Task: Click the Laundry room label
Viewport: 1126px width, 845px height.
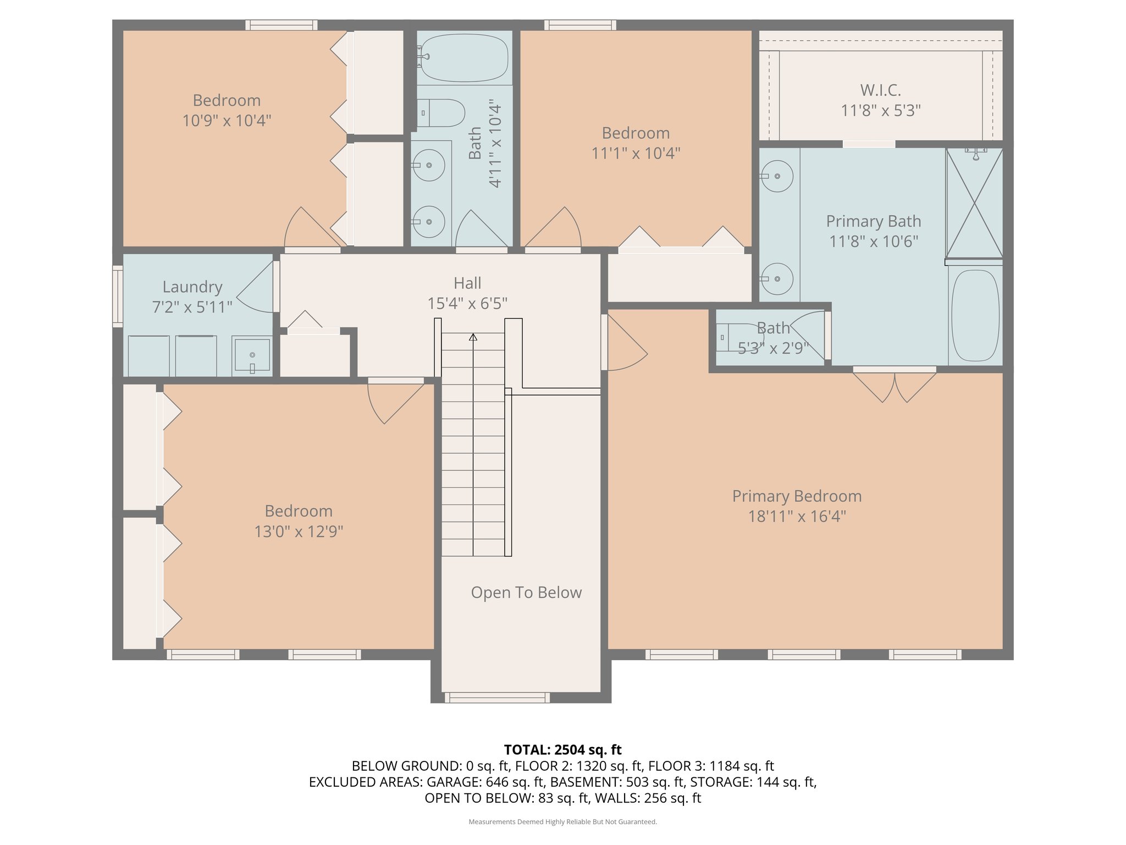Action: tap(192, 287)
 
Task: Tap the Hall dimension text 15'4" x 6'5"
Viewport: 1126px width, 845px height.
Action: tap(467, 303)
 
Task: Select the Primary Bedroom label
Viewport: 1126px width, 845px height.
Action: tap(797, 496)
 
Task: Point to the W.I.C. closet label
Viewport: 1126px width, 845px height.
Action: tap(881, 90)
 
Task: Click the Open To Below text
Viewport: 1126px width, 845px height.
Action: tap(526, 592)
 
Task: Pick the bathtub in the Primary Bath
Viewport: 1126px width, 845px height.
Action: tap(975, 315)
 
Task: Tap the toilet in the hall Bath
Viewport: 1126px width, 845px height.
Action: tap(440, 113)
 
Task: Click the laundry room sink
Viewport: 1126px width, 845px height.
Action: tap(252, 355)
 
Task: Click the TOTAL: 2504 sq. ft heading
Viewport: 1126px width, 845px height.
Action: tap(562, 750)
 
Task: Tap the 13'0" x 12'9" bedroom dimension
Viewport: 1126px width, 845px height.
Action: tap(299, 531)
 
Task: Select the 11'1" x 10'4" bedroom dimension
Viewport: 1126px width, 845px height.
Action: tap(636, 153)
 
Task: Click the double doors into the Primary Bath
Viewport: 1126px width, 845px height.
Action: tap(895, 385)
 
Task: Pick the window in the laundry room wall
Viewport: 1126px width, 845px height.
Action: tap(118, 297)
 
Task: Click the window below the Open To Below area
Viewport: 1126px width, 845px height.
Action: tap(497, 698)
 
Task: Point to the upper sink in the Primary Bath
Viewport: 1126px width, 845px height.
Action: tap(776, 176)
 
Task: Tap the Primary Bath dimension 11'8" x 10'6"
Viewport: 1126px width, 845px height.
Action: tap(874, 241)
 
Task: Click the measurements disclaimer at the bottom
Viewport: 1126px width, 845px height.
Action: tap(562, 822)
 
